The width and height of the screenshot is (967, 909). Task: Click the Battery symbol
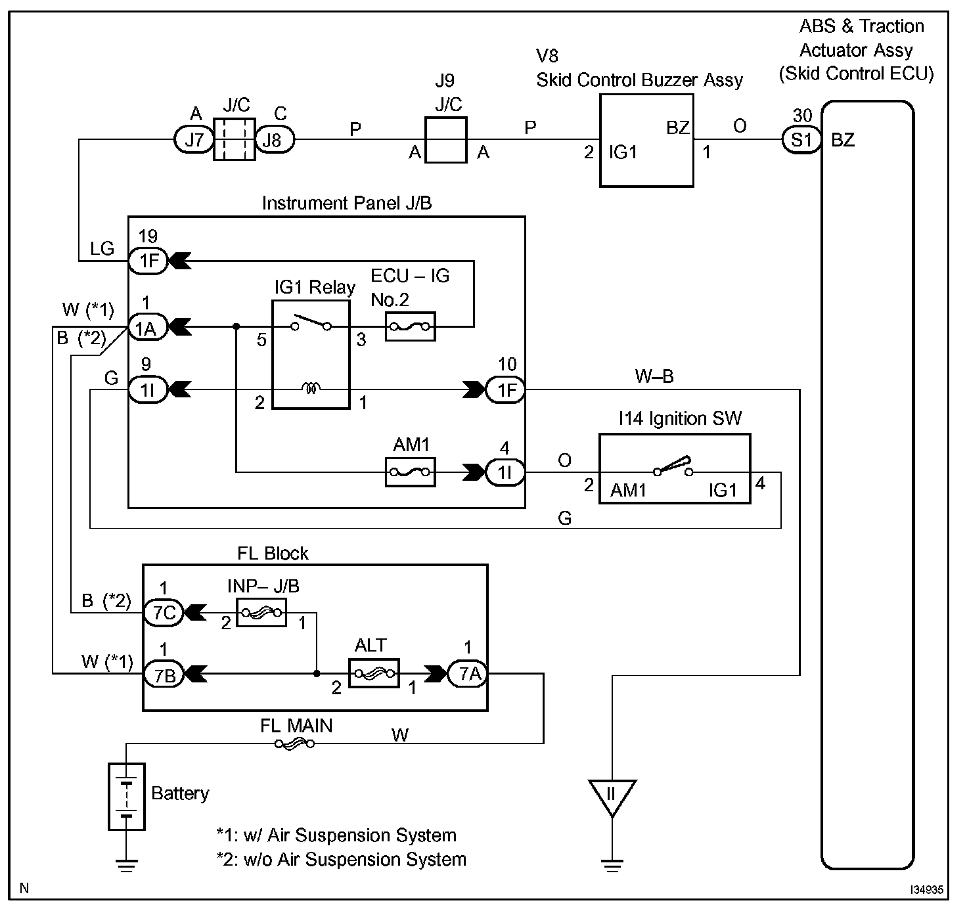(127, 796)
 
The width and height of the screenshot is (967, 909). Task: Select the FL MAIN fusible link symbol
(294, 743)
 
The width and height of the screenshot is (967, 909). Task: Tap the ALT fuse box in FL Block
(374, 673)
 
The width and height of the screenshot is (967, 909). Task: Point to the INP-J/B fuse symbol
(261, 613)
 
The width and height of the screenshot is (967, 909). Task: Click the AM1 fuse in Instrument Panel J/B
(409, 472)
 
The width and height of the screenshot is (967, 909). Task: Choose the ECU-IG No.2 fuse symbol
(411, 326)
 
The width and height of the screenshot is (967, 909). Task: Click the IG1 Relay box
(311, 355)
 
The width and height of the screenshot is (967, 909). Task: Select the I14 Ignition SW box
(675, 469)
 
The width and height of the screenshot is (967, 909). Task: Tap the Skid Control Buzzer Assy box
(646, 140)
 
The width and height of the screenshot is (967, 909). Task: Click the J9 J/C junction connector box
(446, 140)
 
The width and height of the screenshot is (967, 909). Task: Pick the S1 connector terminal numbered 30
(801, 140)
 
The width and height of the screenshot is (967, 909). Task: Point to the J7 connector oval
(194, 140)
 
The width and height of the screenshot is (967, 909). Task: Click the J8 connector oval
(275, 140)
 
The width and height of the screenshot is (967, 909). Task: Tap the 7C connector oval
(164, 613)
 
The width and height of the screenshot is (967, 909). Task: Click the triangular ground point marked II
(612, 795)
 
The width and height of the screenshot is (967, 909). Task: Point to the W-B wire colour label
(654, 376)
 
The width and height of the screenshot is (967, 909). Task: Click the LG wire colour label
(102, 248)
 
